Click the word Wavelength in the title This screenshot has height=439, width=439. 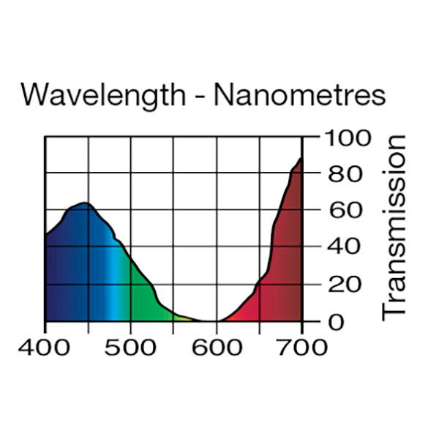(103, 95)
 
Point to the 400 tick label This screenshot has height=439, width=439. (45, 347)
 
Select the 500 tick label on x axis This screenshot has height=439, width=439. (131, 347)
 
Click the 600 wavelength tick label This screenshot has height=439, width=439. (217, 347)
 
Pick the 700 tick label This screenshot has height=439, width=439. (302, 347)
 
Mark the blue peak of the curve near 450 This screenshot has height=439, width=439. (83, 203)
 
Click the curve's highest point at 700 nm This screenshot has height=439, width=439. (301, 158)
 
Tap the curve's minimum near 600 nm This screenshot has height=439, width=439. (212, 320)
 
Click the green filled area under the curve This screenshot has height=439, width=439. (143, 296)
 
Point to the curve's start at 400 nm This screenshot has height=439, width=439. (46, 235)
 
